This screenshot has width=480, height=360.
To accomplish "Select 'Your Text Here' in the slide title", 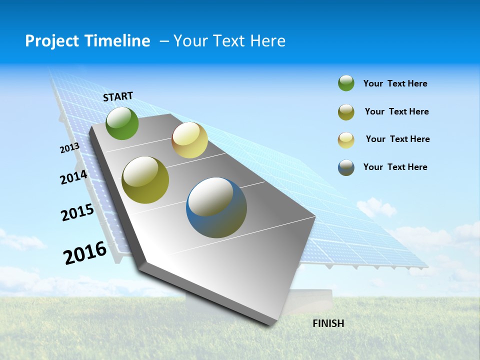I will tap(229, 41).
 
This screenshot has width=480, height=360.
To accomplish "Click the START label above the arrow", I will tap(118, 96).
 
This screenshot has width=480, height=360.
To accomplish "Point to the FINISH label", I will tap(328, 323).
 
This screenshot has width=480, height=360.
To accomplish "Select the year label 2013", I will tap(70, 147).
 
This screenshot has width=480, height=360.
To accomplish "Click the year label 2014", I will tap(74, 177).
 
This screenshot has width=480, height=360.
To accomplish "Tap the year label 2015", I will tap(77, 212).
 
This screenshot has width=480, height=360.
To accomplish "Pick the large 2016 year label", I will tap(85, 252).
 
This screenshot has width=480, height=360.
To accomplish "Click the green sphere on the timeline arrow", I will tap(122, 123).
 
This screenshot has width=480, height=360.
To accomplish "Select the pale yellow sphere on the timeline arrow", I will tap(189, 140).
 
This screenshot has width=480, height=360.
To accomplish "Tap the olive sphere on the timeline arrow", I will tap(145, 180).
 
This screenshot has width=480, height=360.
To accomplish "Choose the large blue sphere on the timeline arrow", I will tap(216, 207).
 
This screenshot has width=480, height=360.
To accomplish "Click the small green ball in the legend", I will tap(346, 83).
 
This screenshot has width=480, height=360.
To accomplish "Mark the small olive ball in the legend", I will tap(346, 112).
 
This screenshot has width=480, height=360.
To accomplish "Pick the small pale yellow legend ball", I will tap(346, 140).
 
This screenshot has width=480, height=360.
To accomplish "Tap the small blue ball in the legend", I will tap(346, 167).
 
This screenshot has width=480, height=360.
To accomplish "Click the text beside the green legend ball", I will tap(395, 83).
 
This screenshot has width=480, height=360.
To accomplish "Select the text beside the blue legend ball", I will tap(395, 167).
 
